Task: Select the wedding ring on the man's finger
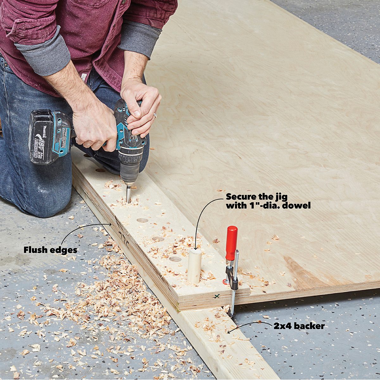(155, 115)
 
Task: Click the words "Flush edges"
(50, 250)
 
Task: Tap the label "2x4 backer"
(299, 326)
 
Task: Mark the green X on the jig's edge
(217, 296)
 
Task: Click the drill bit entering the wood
(128, 194)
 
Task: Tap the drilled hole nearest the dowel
(175, 259)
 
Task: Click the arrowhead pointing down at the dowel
(195, 249)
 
